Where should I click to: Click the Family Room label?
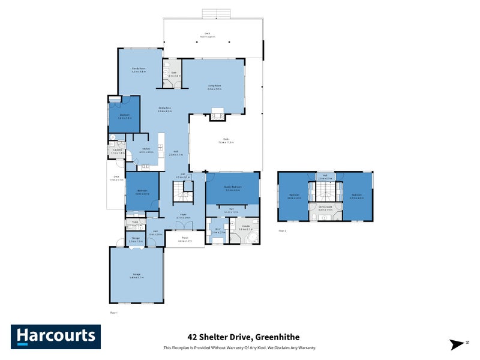click(x=139, y=70)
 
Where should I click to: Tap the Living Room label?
click(x=214, y=88)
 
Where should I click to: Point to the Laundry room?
click(x=117, y=151)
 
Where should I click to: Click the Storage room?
click(x=136, y=239)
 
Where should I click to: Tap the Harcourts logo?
click(x=55, y=336)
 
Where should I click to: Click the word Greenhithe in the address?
click(x=278, y=337)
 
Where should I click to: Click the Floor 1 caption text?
click(x=113, y=313)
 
